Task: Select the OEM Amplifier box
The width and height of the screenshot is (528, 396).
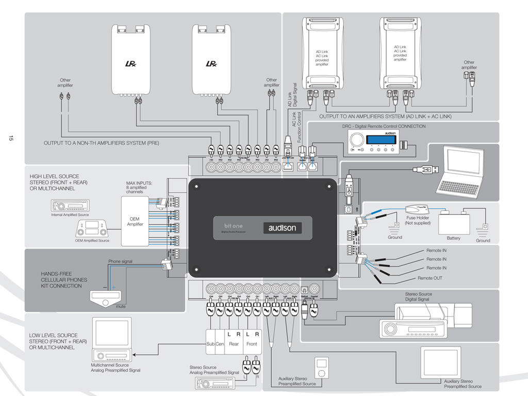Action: pyautogui.click(x=134, y=222)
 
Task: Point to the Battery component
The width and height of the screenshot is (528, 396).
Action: pyautogui.click(x=453, y=224)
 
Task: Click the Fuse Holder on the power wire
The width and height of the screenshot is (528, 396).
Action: pyautogui.click(x=417, y=208)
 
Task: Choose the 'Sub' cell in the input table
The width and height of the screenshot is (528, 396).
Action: pyautogui.click(x=210, y=344)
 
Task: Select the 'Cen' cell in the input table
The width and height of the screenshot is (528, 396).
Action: pyautogui.click(x=220, y=344)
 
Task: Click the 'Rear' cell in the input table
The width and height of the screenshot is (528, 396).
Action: pyautogui.click(x=234, y=344)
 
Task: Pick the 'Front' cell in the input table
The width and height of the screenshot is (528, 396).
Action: pyautogui.click(x=252, y=344)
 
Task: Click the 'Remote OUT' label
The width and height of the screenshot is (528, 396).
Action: pyautogui.click(x=430, y=278)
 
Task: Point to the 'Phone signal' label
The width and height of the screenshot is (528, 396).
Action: pyautogui.click(x=120, y=261)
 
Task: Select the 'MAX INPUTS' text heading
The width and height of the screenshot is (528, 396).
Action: pyautogui.click(x=137, y=183)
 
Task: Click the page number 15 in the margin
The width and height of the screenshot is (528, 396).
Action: pyautogui.click(x=10, y=138)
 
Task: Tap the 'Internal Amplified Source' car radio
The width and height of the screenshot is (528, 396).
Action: pyautogui.click(x=70, y=206)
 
